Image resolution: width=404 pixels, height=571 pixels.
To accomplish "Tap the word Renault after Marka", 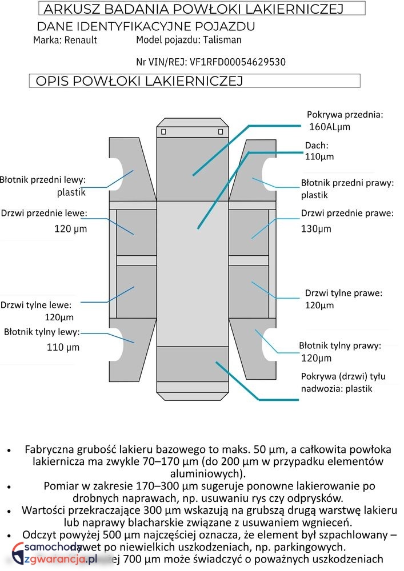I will point(81,40).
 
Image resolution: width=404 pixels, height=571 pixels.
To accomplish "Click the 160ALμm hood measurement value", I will point(329,126).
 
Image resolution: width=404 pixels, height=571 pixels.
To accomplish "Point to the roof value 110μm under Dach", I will point(319,156).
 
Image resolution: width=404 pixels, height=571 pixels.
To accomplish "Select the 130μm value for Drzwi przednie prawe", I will point(316,229).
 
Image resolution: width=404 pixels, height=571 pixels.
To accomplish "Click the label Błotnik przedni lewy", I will point(43,180).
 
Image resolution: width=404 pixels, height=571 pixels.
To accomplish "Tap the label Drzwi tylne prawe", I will point(343,293).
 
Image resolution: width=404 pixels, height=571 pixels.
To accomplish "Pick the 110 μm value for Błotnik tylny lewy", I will point(63,347).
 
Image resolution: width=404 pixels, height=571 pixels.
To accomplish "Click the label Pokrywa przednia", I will point(345,114).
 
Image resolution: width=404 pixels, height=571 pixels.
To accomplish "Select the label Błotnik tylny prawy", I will point(340,345).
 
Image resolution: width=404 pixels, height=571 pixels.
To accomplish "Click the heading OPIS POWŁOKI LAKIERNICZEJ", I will point(139,81).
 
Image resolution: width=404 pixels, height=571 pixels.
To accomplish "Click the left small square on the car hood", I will point(164,132).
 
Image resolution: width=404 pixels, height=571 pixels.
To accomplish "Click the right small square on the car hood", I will point(221,132).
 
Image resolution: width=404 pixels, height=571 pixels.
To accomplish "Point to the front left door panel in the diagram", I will point(136,232).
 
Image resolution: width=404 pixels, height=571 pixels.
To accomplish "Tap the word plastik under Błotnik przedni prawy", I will point(315,195).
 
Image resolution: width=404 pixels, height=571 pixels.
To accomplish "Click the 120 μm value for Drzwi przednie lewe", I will point(70,229).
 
